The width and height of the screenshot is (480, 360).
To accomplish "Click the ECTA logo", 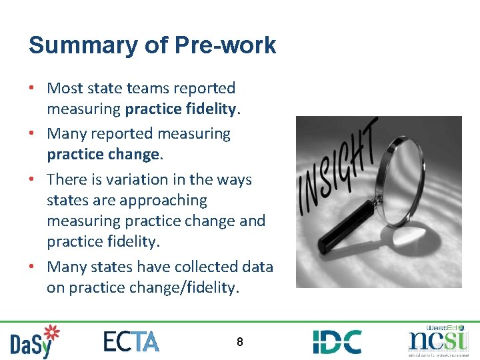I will (x=131, y=341).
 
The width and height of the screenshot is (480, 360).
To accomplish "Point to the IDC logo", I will (x=337, y=341).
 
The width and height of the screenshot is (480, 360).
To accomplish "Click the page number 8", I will (x=240, y=343).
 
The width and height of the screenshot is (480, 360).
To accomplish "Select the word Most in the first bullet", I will (x=65, y=88).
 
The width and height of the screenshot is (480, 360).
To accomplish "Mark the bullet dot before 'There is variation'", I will (x=33, y=179).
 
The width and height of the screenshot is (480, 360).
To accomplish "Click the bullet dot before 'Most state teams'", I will (x=33, y=88).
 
